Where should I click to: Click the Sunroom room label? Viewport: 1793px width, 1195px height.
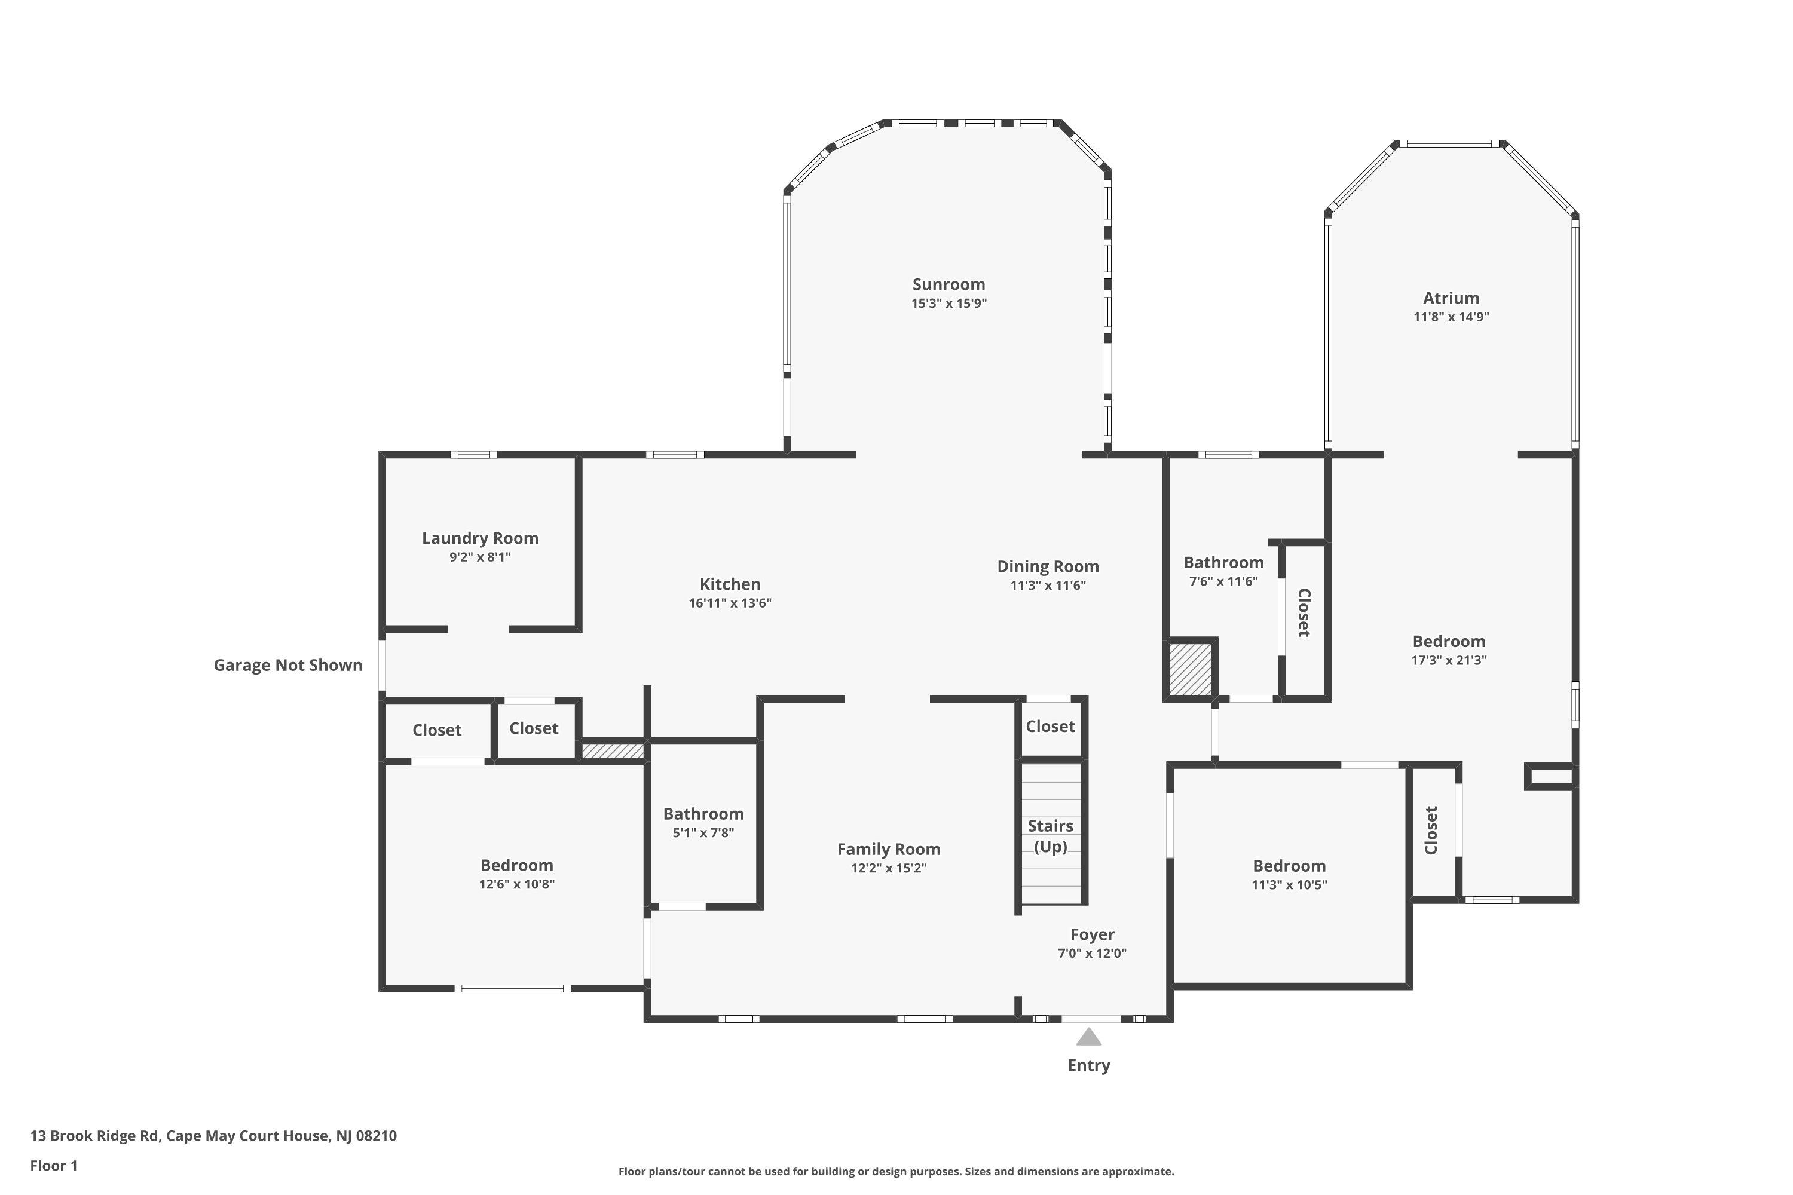948,284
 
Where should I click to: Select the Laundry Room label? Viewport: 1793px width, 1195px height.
481,538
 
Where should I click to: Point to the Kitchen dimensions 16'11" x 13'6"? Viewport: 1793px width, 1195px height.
730,603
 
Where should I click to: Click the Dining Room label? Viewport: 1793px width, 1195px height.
1048,566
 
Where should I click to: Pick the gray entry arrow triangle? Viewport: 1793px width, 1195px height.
1088,1037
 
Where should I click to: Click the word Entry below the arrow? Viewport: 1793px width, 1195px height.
1088,1065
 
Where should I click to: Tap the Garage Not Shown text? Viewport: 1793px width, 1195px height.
287,666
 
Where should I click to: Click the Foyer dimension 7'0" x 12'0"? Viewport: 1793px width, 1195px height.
1092,952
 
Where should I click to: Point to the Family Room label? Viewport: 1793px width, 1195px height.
888,849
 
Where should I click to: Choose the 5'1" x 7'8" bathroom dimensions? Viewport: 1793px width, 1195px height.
703,833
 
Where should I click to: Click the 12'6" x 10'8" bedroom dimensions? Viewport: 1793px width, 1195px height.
516,884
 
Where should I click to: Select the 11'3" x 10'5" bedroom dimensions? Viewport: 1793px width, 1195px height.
1289,885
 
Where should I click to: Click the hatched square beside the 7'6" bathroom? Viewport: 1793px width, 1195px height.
1190,669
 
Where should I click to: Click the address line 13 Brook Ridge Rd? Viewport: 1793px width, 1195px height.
213,1136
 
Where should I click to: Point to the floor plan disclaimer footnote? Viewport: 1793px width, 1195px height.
896,1171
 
